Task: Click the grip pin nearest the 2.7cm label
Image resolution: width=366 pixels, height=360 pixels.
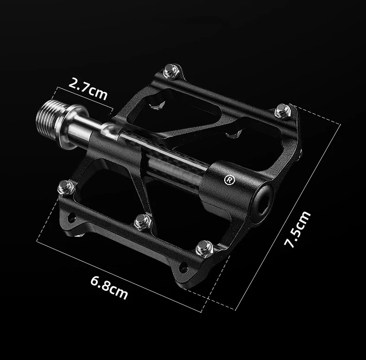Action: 171,72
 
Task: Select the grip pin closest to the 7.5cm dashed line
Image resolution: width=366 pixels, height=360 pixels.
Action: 282,111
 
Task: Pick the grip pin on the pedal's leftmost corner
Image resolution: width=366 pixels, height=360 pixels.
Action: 66,187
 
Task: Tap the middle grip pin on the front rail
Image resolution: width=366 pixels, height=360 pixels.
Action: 143,221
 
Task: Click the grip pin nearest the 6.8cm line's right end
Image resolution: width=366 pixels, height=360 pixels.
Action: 204,250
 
